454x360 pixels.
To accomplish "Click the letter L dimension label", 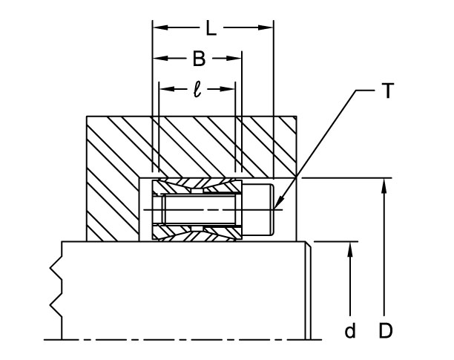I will [x=211, y=29].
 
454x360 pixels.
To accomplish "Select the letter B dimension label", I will [x=198, y=59].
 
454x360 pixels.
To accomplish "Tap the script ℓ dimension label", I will [x=197, y=89].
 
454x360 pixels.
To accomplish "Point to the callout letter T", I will [x=387, y=92].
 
